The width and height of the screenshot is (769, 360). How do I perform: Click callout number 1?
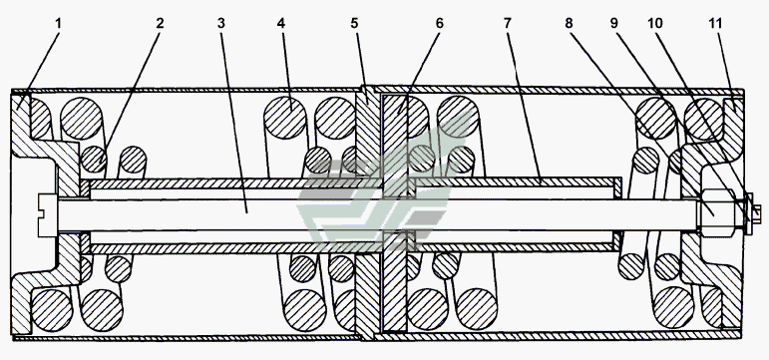(58, 23)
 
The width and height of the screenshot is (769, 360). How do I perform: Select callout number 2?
(160, 23)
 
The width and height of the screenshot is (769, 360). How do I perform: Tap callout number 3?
(221, 23)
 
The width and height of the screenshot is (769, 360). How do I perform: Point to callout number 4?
(281, 23)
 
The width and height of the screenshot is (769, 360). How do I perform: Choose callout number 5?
(355, 23)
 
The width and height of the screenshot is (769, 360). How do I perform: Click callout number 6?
(439, 23)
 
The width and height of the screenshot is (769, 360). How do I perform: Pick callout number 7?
(507, 23)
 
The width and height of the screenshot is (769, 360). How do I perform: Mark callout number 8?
(569, 23)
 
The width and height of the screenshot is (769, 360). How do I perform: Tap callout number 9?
(614, 23)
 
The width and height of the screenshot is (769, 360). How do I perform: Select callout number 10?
(655, 23)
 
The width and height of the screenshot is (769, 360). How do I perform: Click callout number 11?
(715, 23)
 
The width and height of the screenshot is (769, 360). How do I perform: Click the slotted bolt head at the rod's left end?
(48, 214)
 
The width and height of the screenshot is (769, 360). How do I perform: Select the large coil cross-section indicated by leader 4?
(285, 118)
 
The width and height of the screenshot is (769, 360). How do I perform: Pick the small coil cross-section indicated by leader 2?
(94, 160)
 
